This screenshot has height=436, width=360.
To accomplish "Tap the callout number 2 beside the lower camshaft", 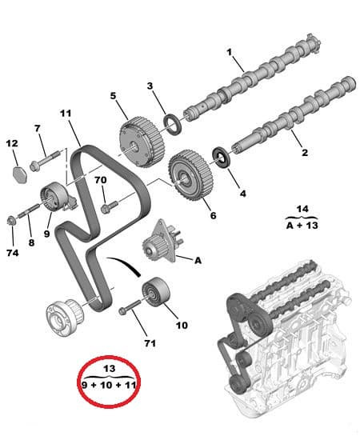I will (305, 151).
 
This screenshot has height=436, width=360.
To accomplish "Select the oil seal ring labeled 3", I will (172, 122).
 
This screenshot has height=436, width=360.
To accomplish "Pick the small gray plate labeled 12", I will (21, 171).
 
